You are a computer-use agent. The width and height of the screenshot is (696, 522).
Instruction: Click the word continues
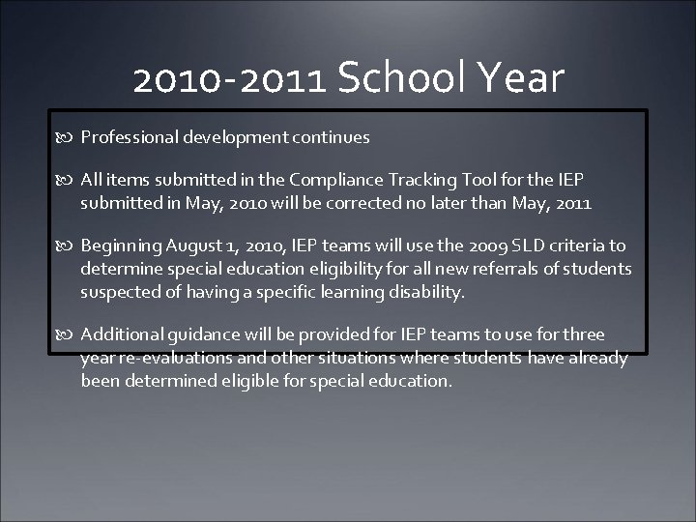331,138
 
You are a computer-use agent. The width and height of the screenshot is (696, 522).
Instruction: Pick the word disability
429,291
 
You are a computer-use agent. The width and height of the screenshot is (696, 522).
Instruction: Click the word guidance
195,335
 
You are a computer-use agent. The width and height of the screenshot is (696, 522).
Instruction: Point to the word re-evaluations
172,358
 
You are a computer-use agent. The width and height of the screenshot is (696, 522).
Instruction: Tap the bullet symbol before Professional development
68,138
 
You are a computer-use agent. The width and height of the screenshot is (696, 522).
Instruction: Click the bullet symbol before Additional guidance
68,335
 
